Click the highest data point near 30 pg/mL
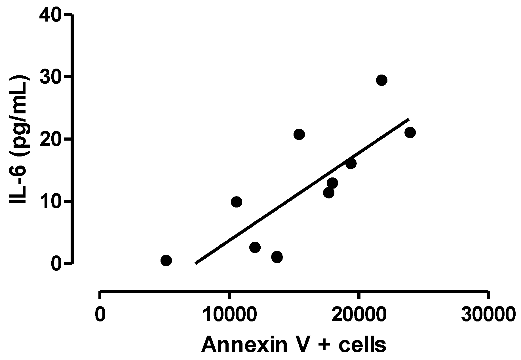point(381,80)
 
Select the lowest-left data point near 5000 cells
point(166,260)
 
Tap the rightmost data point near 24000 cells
point(410,132)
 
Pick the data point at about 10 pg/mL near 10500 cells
point(236,202)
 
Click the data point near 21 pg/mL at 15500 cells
point(299,134)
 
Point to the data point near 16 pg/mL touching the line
point(351,164)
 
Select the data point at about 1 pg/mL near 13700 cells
point(277,257)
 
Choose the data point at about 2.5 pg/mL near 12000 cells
point(255,247)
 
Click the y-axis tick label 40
point(50,15)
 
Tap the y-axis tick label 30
point(50,77)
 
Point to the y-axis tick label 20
point(50,139)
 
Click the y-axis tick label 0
point(56,264)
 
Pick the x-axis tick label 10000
point(228,315)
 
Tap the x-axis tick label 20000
point(359,315)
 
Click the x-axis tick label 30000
point(488,315)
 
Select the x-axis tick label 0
point(100,315)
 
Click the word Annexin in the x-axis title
point(243,344)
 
